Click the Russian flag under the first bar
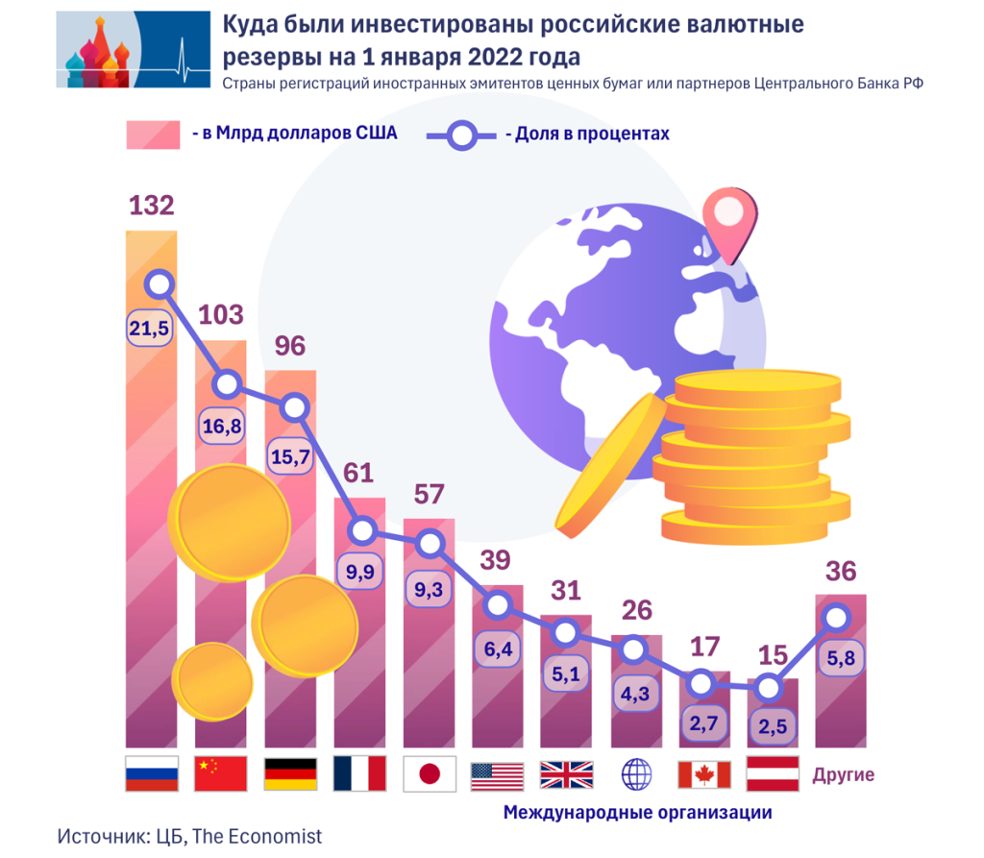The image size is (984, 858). (152, 773)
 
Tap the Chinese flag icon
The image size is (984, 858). (221, 773)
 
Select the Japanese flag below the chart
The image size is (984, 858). (429, 773)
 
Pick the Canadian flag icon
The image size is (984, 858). (704, 773)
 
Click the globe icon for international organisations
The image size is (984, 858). (636, 773)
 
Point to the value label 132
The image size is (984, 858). (152, 206)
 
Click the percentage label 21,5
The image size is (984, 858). (149, 329)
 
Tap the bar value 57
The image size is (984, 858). (429, 495)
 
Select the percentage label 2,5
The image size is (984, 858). (772, 727)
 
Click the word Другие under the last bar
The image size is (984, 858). (844, 775)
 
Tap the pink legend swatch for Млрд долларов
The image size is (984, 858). (153, 135)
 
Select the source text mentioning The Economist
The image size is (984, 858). (189, 836)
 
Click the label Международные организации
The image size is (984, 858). (637, 813)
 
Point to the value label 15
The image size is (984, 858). (772, 656)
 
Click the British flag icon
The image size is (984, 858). (566, 773)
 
